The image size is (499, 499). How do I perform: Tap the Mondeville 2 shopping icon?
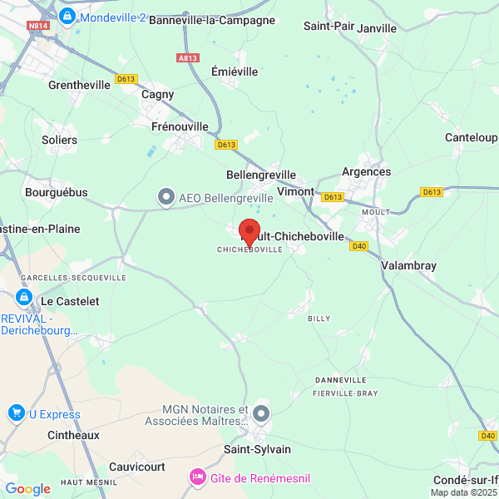tap(67, 16)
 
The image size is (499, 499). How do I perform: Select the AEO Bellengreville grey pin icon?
tap(166, 197)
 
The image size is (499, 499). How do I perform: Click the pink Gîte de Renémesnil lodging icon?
tap(198, 477)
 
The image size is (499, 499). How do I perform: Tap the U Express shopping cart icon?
tap(16, 413)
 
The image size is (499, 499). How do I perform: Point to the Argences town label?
tap(366, 171)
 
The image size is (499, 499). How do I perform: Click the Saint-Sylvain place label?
tap(258, 449)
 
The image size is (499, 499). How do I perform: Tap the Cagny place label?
tap(158, 94)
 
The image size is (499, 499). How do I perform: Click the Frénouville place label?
tap(180, 126)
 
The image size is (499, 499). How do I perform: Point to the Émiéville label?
tap(235, 72)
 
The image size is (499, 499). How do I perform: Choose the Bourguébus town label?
tap(57, 192)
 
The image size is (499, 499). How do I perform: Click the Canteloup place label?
tap(471, 137)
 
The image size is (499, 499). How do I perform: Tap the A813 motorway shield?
tap(188, 57)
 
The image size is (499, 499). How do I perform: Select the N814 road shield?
tap(37, 26)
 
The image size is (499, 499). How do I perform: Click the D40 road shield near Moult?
tap(358, 245)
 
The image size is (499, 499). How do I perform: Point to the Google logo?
tap(27, 489)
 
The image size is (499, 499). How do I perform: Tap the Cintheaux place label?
tap(73, 435)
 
